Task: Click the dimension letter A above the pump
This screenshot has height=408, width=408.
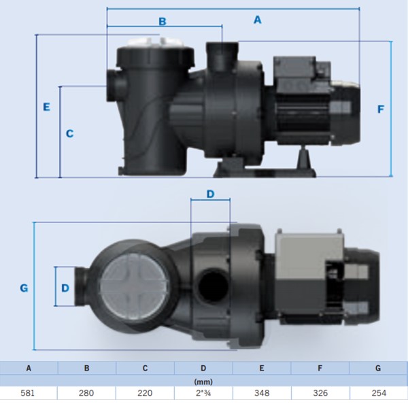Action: [x=257, y=20]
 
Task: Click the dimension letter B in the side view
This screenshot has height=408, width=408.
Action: [x=163, y=22]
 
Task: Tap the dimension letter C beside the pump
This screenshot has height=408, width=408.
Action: [x=70, y=133]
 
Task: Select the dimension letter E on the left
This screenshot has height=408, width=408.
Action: [x=46, y=107]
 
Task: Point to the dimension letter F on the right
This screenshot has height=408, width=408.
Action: [x=381, y=109]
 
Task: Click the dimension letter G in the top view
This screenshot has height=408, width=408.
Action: [x=24, y=288]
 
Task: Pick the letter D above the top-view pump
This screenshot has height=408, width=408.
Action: [x=211, y=194]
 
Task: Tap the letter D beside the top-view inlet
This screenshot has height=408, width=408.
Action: [x=65, y=288]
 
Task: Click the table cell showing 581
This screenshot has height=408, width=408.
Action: [x=28, y=393]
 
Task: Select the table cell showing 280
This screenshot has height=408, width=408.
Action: [x=86, y=393]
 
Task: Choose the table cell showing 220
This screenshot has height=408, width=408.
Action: [x=145, y=393]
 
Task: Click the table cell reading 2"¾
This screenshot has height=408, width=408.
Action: [x=203, y=393]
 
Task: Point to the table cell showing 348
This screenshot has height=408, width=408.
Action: [x=262, y=393]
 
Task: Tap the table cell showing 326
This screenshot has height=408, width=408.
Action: [x=320, y=393]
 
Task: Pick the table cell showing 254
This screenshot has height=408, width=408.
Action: [x=379, y=393]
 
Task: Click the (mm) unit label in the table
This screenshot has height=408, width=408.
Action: [x=203, y=381]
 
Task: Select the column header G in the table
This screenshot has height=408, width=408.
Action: [x=378, y=368]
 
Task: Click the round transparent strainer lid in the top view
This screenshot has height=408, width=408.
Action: [x=135, y=286]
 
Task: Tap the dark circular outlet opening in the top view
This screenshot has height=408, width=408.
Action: [x=213, y=285]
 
